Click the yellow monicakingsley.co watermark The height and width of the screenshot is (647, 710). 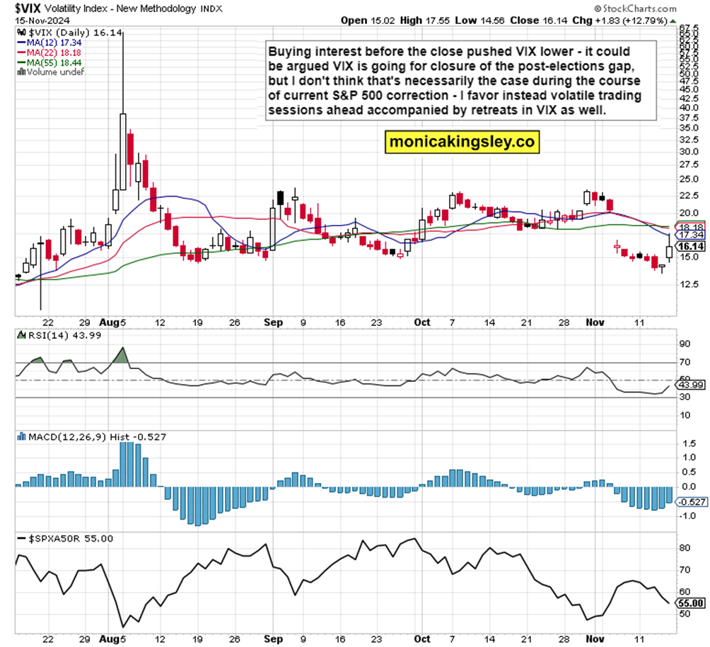tap(462, 142)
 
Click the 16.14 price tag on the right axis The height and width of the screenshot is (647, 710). tap(689, 246)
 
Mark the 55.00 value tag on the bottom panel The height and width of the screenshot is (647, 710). tap(689, 603)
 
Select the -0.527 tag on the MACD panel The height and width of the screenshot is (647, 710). tap(689, 502)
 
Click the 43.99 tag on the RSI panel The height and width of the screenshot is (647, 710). tap(689, 385)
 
